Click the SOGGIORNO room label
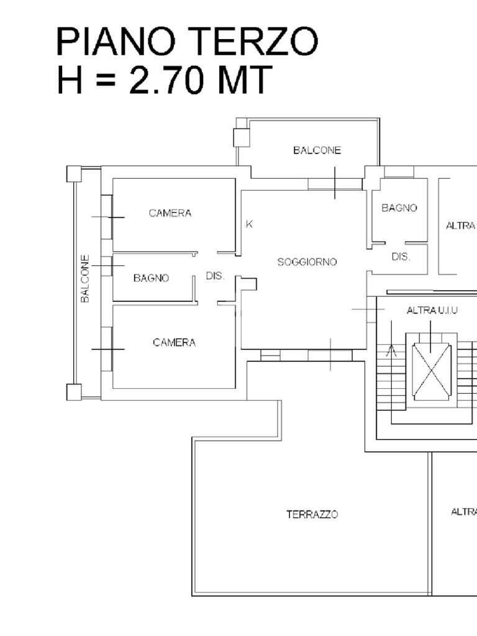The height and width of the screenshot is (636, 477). point(307,262)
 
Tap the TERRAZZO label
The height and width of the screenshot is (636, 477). point(312,514)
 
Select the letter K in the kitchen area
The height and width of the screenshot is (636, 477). point(250,224)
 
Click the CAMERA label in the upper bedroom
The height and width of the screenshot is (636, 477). point(170,213)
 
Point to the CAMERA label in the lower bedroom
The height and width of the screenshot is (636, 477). point(174,342)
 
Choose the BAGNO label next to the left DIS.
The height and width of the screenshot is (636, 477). point(152,278)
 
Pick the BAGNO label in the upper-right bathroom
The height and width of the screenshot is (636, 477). point(399,207)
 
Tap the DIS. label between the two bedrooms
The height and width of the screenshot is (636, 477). point(215,276)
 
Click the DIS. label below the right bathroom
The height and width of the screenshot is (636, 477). point(401,257)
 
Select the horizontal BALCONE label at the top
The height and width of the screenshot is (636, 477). point(317,150)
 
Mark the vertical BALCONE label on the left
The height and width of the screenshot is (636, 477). point(84,279)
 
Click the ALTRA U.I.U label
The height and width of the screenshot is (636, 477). point(432,311)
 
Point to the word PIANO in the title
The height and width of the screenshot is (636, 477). point(116,41)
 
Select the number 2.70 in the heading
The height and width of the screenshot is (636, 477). point(166,79)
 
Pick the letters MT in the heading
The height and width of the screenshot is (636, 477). point(245,79)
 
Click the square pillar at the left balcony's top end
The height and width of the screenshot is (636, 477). point(74,174)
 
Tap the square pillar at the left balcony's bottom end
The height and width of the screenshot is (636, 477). point(74,392)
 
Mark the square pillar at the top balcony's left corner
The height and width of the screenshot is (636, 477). point(241,138)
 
